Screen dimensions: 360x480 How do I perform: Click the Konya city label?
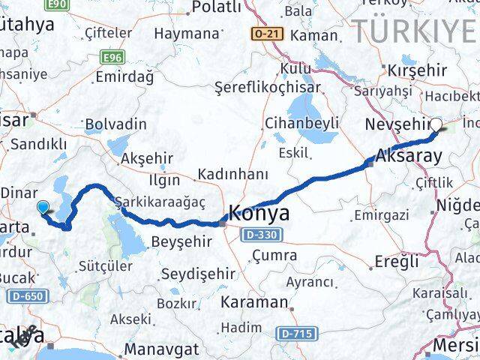point(259,213)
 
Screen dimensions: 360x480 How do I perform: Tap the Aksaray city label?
point(409,158)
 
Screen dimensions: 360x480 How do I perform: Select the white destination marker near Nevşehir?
point(436,126)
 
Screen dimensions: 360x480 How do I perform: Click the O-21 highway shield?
point(265,34)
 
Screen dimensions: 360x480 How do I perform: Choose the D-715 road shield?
point(293,331)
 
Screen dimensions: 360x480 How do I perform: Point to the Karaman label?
point(254,303)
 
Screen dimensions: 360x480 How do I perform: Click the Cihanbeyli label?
point(299,123)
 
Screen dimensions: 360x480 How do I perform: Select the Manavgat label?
point(162,349)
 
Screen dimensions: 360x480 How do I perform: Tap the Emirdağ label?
point(124,76)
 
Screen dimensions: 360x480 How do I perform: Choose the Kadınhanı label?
point(232,174)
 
